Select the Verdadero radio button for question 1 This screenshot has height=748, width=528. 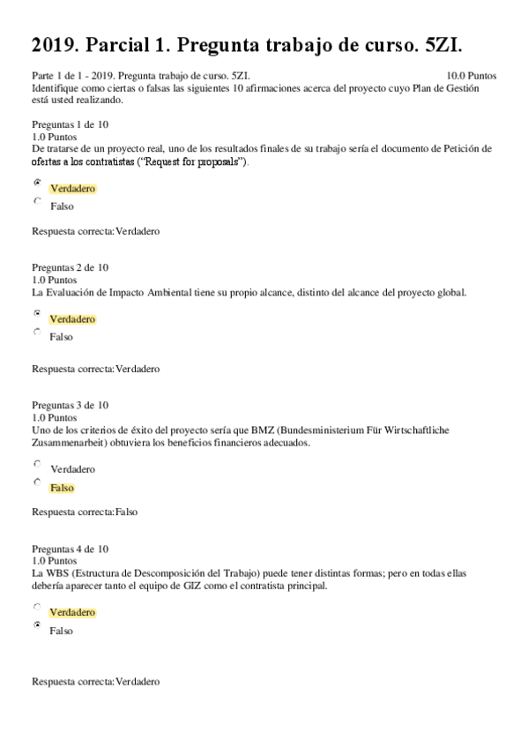[37, 183]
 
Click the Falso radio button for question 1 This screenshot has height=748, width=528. [37, 201]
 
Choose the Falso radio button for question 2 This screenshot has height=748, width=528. [37, 332]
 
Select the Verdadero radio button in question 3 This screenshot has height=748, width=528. [37, 463]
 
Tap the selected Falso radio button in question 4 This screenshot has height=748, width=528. [37, 625]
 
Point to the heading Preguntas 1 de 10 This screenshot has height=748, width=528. [70, 124]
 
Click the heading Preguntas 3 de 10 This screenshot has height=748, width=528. [70, 405]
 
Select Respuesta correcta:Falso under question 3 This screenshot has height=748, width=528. [84, 512]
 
